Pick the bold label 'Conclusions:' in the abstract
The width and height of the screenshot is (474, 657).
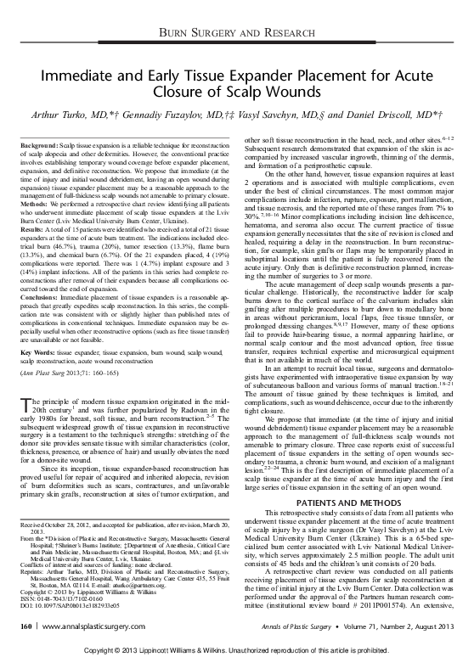(x=37, y=298)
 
